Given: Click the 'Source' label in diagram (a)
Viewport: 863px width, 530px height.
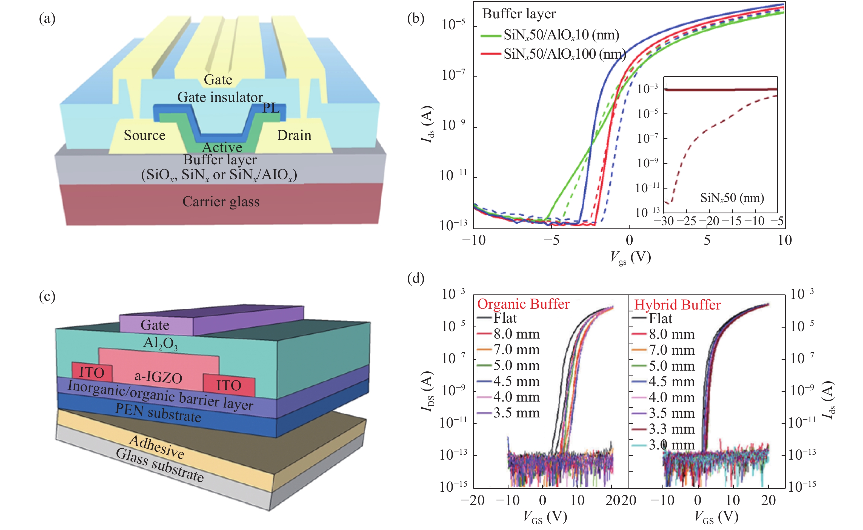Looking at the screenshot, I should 144,135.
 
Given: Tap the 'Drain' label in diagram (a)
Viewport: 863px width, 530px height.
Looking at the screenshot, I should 294,135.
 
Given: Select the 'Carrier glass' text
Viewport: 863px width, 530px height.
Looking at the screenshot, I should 221,202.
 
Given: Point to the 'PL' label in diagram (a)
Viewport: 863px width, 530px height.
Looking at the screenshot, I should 271,108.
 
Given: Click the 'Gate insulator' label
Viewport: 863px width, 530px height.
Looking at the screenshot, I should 220,97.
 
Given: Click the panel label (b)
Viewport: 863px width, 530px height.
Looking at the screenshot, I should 416,18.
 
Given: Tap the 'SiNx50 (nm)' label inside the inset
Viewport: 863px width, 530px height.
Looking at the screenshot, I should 732,198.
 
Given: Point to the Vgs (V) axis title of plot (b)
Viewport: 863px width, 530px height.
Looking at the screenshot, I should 630,258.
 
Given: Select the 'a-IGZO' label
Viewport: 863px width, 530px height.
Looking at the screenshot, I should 158,377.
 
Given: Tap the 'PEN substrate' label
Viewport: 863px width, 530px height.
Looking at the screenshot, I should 158,412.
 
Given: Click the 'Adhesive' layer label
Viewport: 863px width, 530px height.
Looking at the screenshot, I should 156,447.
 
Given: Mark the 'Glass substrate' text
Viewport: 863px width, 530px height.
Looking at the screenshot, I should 159,465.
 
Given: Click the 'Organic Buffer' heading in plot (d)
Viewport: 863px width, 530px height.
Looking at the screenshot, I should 523,304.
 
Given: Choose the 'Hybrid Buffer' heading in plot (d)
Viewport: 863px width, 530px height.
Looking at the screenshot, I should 677,305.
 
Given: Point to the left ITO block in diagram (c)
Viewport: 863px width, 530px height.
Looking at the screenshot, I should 92,372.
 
